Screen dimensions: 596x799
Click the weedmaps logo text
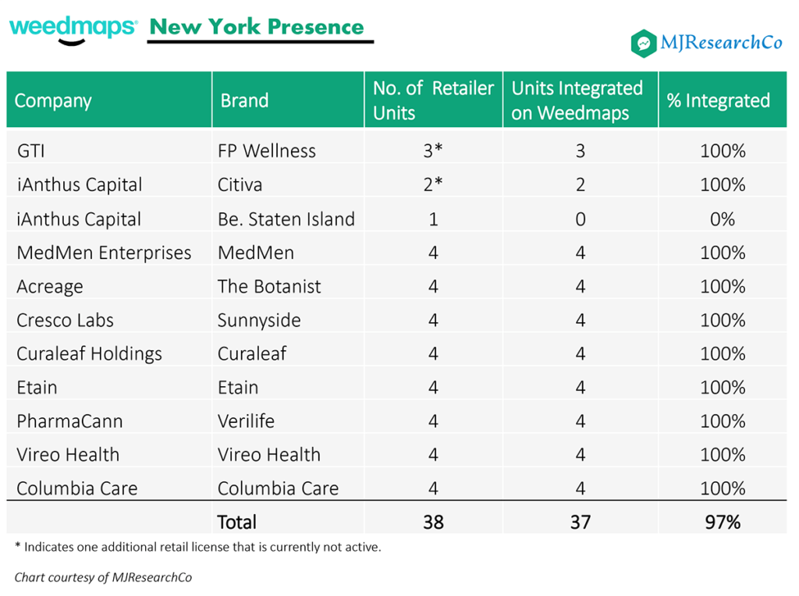(73, 28)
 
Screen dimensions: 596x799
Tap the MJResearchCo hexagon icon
(644, 44)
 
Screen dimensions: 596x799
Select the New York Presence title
(257, 27)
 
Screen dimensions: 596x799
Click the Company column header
(53, 101)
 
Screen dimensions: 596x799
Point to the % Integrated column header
(718, 101)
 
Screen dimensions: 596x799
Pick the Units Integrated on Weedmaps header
(577, 101)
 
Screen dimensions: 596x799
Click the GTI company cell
(31, 151)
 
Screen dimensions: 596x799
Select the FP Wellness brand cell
(267, 151)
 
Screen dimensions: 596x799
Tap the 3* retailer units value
(433, 151)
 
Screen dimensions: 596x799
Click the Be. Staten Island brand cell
(286, 219)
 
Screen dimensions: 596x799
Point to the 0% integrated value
(723, 219)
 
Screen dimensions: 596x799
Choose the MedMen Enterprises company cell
(104, 253)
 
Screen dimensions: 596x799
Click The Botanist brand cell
(269, 286)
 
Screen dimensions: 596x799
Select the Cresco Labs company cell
(65, 320)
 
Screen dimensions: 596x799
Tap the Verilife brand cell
(246, 421)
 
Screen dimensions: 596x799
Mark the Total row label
(237, 522)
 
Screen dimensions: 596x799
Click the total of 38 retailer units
(433, 522)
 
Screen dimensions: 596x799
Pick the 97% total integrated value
(723, 522)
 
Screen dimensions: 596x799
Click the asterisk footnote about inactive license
(198, 547)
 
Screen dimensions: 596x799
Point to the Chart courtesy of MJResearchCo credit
(103, 577)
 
